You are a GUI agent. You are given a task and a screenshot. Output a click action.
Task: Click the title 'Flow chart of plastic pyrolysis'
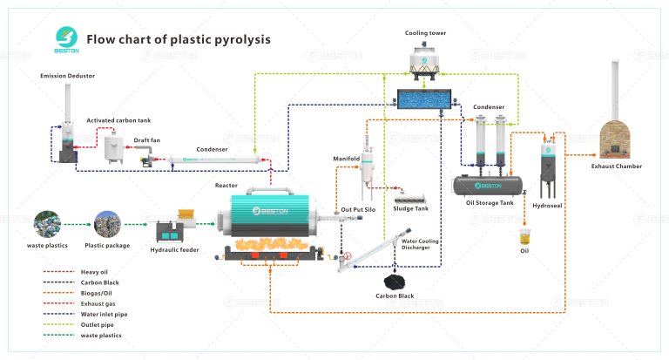(178, 39)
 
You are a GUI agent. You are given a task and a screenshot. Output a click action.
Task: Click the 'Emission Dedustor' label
(67, 76)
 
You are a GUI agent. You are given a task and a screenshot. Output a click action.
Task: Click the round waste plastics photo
(45, 226)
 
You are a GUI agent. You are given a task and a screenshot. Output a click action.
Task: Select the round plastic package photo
(106, 226)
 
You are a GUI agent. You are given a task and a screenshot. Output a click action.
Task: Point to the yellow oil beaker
(524, 236)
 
